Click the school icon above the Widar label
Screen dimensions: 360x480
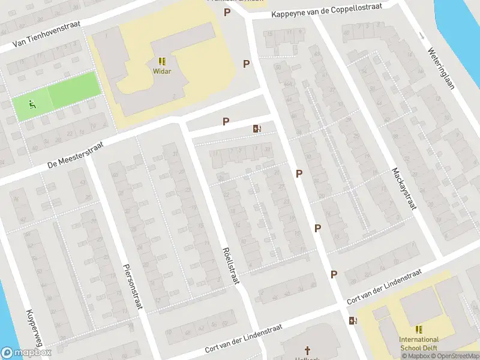162,61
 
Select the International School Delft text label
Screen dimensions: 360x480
419,344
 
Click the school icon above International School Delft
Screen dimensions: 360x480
419,329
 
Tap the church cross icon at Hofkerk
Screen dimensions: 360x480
308,350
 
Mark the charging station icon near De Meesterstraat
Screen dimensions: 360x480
257,128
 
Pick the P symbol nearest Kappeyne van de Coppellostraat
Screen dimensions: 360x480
227,12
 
